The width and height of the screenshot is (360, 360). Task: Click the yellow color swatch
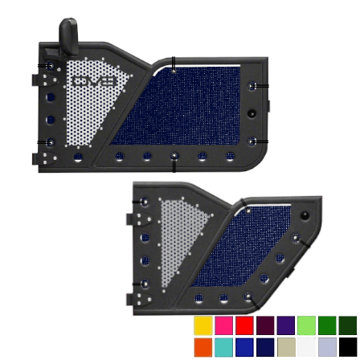203,325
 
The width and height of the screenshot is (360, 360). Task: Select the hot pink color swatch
223,325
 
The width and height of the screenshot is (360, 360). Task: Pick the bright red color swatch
244,325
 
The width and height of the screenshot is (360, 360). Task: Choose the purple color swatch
286,325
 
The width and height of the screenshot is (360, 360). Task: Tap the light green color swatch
306,325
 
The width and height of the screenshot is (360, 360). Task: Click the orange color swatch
203,347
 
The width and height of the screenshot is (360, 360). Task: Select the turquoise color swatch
223,347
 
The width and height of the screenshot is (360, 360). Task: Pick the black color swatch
348,347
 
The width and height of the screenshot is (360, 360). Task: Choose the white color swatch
306,347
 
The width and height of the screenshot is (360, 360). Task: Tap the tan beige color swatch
286,347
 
